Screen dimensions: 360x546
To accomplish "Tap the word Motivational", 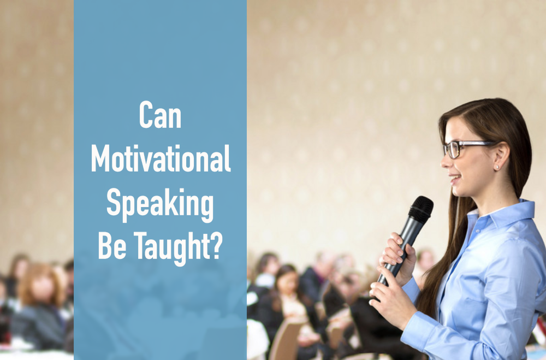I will point(161,160).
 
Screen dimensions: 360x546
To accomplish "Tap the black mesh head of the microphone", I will point(421,209).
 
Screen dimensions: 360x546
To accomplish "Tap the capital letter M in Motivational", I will point(101,160).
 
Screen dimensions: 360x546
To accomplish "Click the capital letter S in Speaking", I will point(113,203).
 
